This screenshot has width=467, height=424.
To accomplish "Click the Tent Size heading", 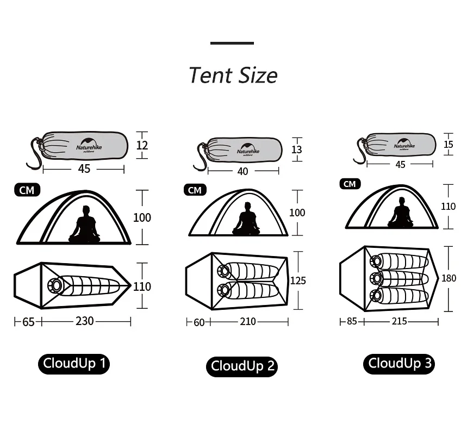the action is click(233, 75).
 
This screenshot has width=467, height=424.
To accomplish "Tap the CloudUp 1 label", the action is click(74, 363).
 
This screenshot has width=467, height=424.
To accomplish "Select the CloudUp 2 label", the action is click(242, 366).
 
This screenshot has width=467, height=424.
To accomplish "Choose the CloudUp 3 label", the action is click(400, 363).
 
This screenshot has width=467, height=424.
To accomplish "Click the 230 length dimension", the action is click(84, 321).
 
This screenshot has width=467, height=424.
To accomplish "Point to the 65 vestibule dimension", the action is click(28, 322).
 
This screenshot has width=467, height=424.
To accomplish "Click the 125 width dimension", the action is click(298, 280).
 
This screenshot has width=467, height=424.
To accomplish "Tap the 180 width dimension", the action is click(449, 278).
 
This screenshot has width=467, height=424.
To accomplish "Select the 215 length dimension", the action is click(399, 321).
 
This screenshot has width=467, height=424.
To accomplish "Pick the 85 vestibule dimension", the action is click(352, 321).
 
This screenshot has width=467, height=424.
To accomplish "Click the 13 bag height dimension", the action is click(296, 149).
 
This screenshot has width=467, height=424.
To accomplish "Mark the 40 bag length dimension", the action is click(242, 171).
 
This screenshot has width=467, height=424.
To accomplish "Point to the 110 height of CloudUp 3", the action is click(449, 207).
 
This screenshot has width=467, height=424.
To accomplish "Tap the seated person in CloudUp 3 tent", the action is click(401, 214).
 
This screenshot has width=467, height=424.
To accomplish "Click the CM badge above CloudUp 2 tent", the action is click(195, 190).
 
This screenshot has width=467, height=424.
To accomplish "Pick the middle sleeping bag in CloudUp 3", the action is click(400, 278).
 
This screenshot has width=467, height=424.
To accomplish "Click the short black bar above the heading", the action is click(232, 43).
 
